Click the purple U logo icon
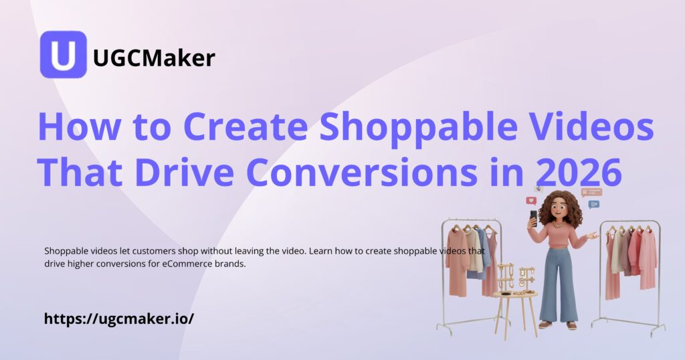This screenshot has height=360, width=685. tap(64, 55)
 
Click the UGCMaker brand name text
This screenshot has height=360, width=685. tap(154, 58)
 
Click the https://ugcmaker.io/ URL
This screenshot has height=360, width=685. tap(119, 319)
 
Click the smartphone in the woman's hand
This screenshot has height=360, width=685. tap(533, 217)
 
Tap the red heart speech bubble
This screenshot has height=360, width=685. tap(531, 200)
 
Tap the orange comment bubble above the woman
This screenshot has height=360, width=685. tap(591, 192)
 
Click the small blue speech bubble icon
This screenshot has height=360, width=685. tap(593, 204)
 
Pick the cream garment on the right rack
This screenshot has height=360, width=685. tap(616, 251)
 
